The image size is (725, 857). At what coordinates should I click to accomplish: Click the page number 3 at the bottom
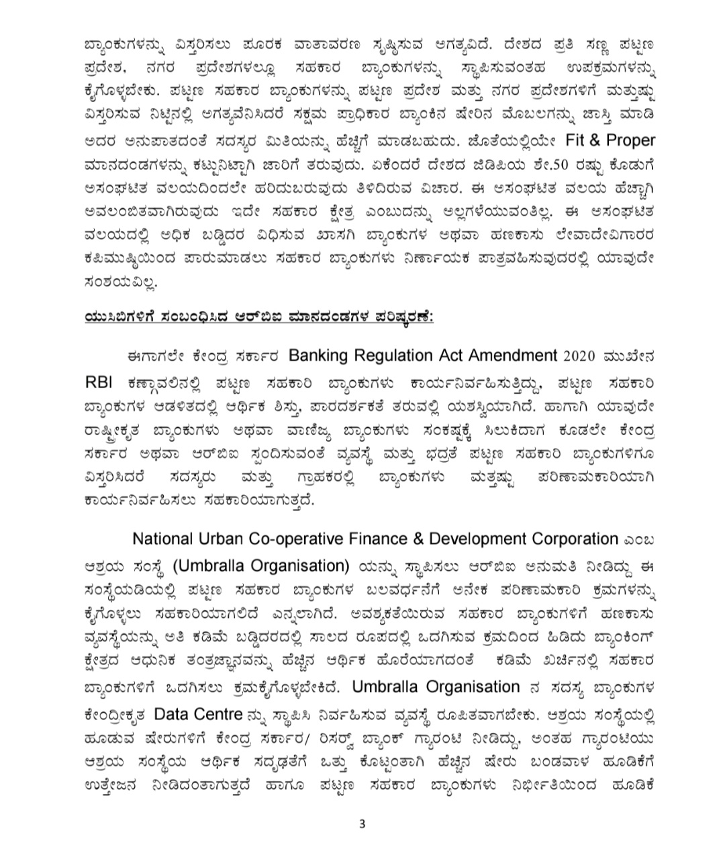tap(362, 825)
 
